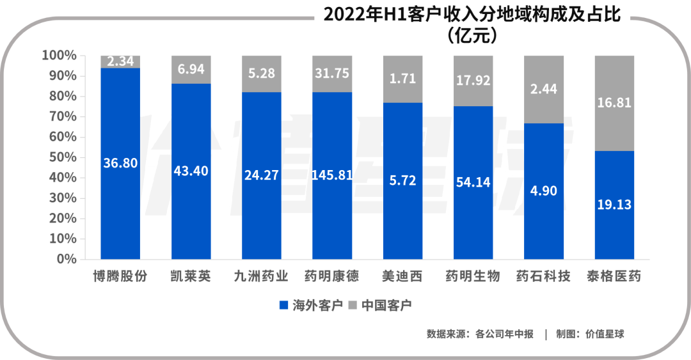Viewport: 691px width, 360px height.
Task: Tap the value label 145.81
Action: (331, 175)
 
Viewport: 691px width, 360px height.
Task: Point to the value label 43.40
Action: (191, 171)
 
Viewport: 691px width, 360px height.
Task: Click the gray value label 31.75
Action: (331, 74)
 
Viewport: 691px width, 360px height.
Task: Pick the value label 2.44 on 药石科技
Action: (544, 90)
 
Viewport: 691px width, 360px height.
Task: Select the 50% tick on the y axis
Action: (62, 157)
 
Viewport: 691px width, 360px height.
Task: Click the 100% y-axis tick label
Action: (60, 56)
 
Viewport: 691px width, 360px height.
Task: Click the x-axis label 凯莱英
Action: (191, 277)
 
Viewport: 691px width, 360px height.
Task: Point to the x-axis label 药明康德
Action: (331, 277)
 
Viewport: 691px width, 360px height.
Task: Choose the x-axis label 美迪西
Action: (402, 277)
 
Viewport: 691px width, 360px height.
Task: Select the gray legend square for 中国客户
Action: (353, 305)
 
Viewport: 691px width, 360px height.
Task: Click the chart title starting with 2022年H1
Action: (472, 15)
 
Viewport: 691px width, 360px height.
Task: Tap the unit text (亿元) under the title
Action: (472, 36)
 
